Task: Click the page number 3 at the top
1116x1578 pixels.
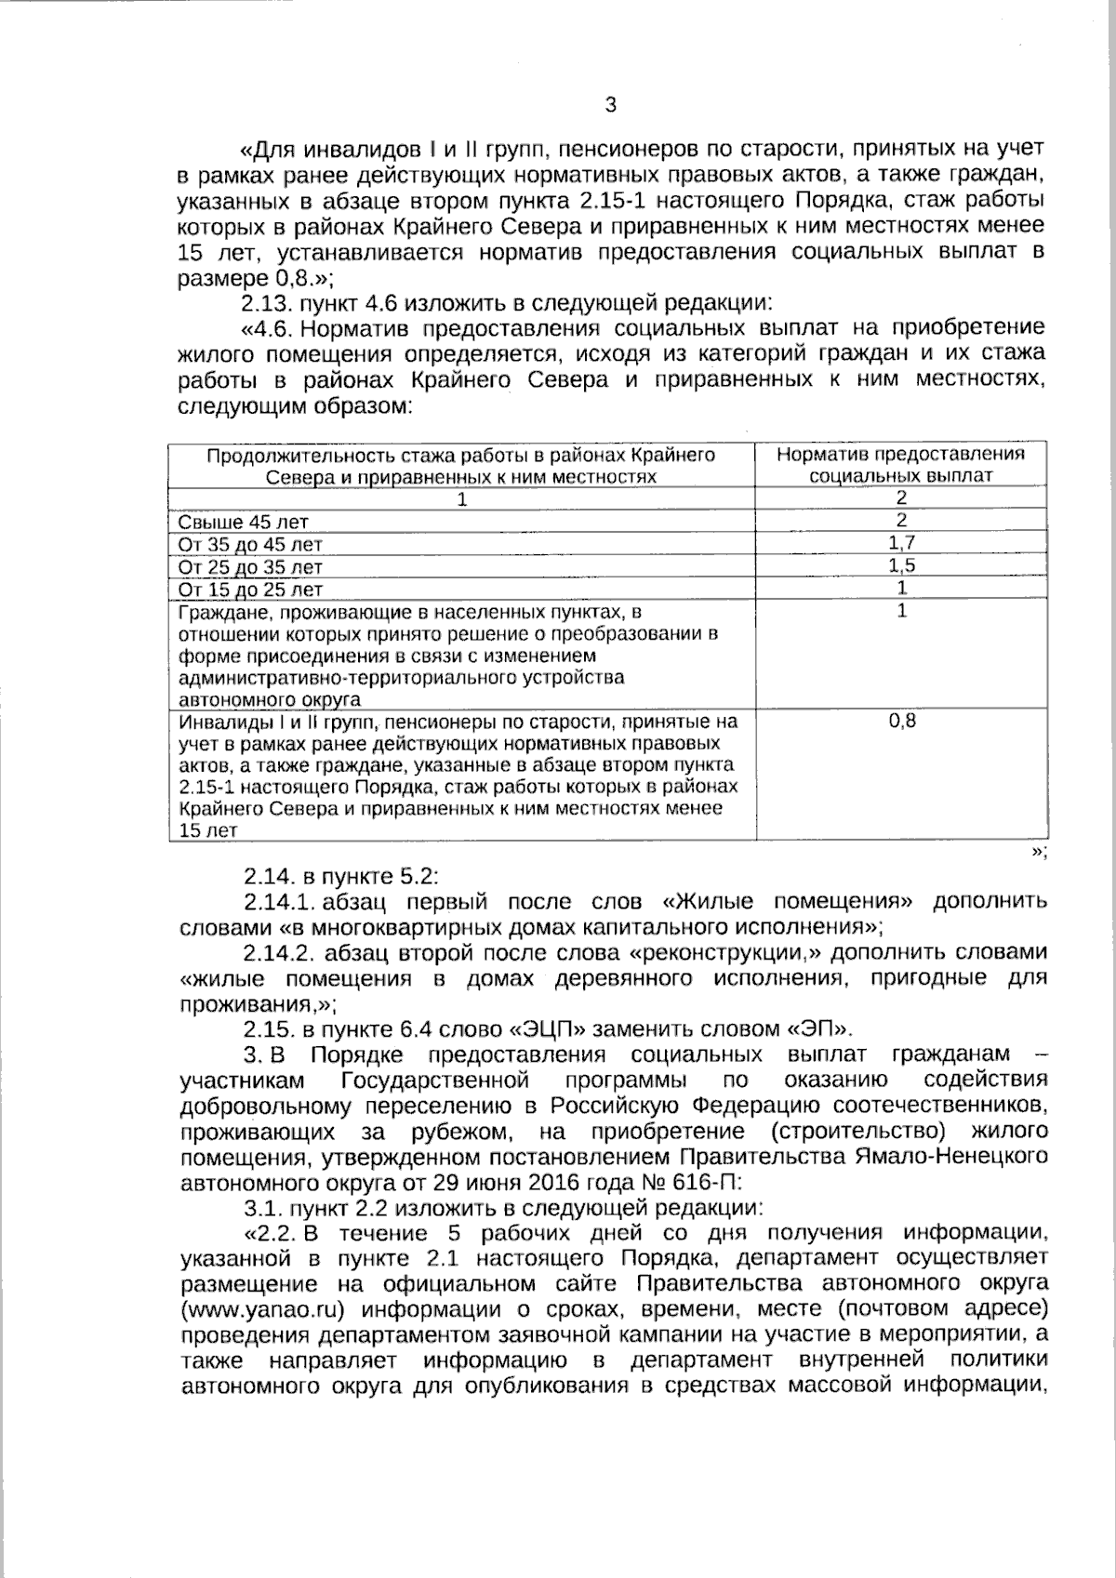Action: coord(611,105)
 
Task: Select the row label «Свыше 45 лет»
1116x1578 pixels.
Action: coord(243,523)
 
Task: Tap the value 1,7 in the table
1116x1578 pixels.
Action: coord(901,543)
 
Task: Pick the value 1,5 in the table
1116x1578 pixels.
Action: coord(901,565)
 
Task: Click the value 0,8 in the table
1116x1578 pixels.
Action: coord(901,721)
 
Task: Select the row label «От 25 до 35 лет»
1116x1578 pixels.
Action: coord(250,567)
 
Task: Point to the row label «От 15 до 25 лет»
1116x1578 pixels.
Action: coord(250,590)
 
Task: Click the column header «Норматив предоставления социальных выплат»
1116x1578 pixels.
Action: coord(900,464)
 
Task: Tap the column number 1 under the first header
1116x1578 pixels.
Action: coord(460,499)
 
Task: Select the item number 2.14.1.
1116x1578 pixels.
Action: coord(275,901)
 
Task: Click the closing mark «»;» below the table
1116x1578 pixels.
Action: coord(1039,854)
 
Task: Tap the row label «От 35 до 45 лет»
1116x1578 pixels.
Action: coord(250,545)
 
